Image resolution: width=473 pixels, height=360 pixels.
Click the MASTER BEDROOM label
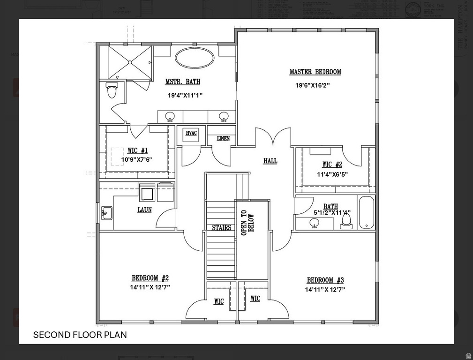tap(315, 72)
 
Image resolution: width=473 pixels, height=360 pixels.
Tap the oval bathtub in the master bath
tap(195, 58)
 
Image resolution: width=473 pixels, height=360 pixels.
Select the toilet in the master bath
tap(112, 90)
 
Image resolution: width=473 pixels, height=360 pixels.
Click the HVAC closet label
tap(191, 134)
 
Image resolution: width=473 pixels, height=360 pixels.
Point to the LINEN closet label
tap(223, 139)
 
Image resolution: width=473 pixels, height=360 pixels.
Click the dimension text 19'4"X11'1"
tap(185, 95)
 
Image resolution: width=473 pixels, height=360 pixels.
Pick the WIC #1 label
tap(137, 150)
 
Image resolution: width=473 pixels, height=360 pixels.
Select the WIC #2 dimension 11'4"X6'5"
tap(332, 174)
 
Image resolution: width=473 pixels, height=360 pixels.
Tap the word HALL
tap(270, 161)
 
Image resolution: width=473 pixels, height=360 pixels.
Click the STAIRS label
tap(221, 228)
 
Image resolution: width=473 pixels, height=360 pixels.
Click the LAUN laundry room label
tap(144, 210)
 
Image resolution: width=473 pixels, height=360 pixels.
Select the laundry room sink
tap(106, 213)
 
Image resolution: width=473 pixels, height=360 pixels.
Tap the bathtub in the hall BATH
tap(367, 213)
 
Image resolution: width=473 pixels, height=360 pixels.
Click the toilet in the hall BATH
tap(346, 219)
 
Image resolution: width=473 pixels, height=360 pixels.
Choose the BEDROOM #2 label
tap(150, 278)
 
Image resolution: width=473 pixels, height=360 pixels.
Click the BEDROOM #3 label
tap(325, 280)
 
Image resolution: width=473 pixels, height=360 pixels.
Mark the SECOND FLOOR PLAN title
tap(80, 335)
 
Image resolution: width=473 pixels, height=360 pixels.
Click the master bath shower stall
tap(129, 62)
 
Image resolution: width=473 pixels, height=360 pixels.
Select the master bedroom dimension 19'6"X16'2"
tap(312, 85)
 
